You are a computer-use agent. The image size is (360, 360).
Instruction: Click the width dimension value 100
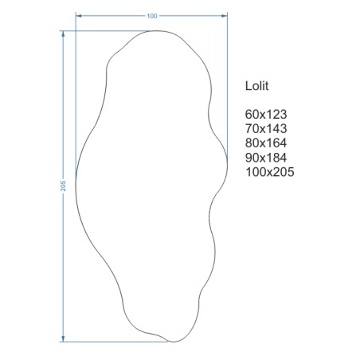[x=152, y=16]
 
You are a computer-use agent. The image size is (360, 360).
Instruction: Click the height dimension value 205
[x=63, y=186]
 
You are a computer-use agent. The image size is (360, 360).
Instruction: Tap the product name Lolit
[x=256, y=86]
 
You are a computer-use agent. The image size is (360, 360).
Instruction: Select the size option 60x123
[x=266, y=114]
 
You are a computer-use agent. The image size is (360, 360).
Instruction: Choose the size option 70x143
[x=266, y=128]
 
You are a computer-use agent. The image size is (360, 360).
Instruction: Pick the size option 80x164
[x=266, y=143]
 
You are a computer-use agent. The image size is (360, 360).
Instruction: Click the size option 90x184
[x=266, y=158]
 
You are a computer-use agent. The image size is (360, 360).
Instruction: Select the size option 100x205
[x=270, y=172]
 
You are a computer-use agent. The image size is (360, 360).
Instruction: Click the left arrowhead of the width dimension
[x=79, y=16]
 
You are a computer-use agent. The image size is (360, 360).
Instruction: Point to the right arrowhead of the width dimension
[x=225, y=16]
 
